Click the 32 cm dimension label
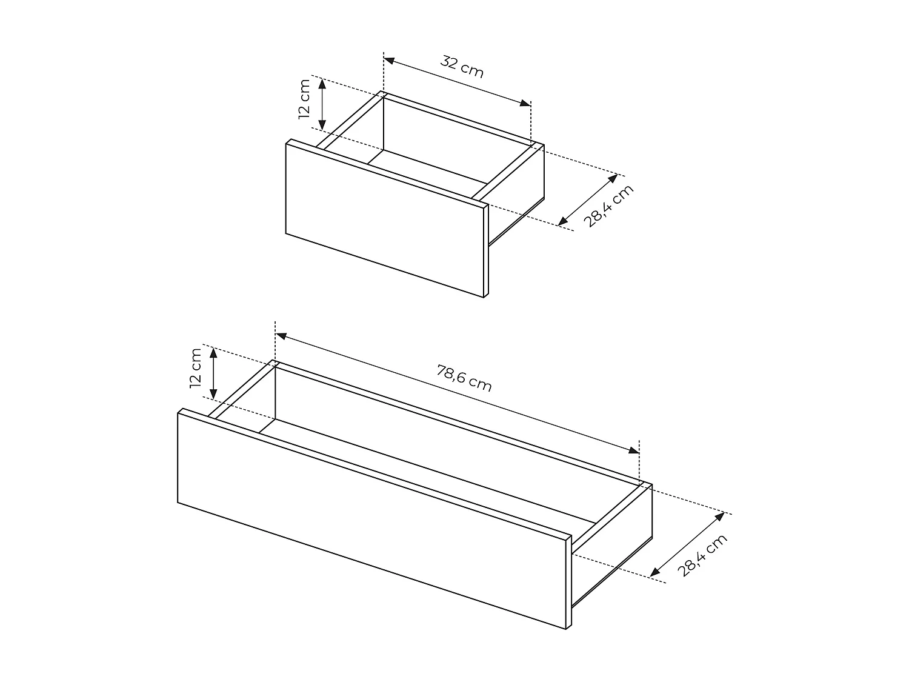(x=462, y=67)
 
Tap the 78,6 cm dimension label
(x=464, y=378)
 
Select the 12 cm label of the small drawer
(x=304, y=99)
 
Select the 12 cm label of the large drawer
(x=195, y=368)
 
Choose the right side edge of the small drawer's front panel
(x=487, y=251)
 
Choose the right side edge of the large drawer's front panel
(x=569, y=582)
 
